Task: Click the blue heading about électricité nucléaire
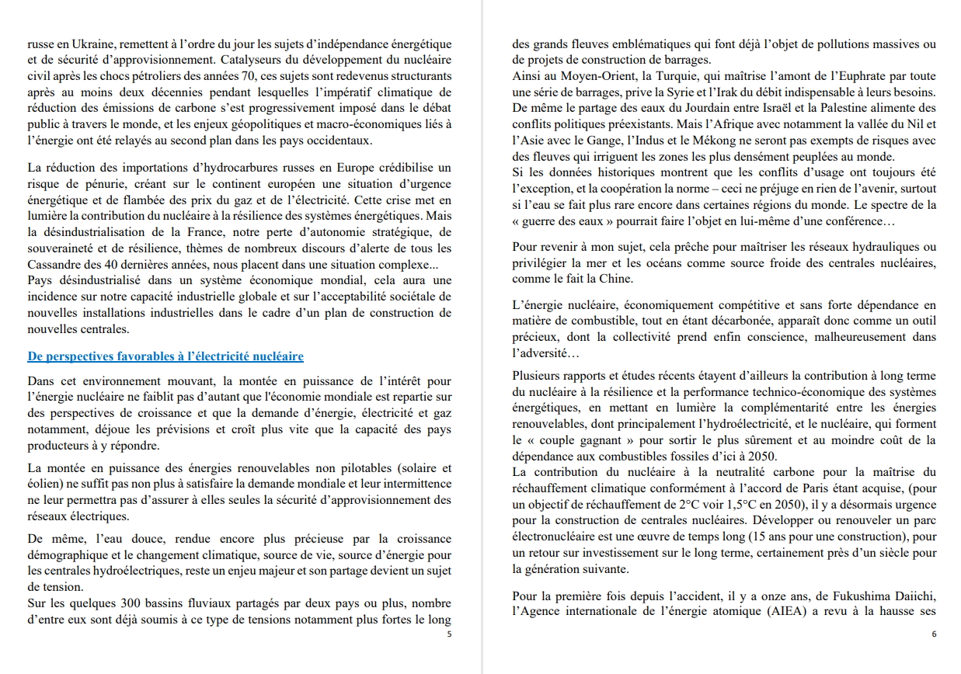165,356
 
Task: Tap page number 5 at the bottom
449,634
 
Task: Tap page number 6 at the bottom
934,634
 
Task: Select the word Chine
613,279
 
